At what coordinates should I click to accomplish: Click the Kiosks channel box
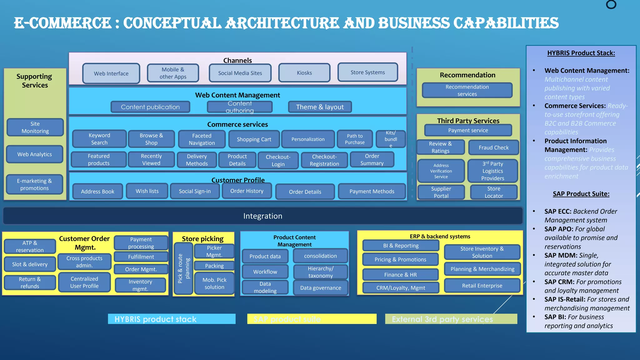[x=304, y=73]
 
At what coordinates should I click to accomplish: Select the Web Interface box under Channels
[x=111, y=73]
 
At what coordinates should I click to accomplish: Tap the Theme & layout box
[x=320, y=107]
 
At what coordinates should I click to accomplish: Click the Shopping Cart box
[x=254, y=139]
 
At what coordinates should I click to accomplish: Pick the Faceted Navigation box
[x=202, y=139]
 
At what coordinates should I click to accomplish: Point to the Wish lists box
[x=147, y=191]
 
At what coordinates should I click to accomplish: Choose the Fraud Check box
[x=493, y=147]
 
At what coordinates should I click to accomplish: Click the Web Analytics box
[x=35, y=154]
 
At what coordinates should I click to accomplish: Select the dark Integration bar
[x=262, y=216]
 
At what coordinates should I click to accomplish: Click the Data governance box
[x=320, y=288]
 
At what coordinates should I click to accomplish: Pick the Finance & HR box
[x=400, y=275]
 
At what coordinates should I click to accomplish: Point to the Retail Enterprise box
[x=482, y=286]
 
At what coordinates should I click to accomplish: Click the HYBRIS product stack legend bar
[x=172, y=319]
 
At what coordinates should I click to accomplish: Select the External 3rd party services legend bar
[x=451, y=319]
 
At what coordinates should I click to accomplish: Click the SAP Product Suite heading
[x=581, y=194]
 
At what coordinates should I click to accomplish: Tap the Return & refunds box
[x=30, y=282]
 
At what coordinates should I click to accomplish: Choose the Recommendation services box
[x=467, y=90]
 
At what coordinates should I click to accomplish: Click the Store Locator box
[x=493, y=192]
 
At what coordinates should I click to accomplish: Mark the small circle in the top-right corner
[x=611, y=4]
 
